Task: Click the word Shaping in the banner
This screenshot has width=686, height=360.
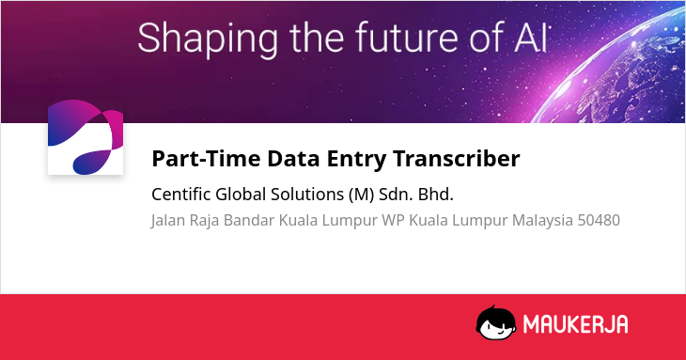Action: coord(208,39)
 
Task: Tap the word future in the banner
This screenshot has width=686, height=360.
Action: coord(407,38)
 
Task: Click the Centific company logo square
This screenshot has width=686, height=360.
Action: coord(86,137)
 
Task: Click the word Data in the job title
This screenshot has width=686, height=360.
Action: coord(293,158)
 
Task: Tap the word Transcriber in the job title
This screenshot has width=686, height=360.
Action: coord(457,158)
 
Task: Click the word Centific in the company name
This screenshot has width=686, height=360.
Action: coord(181,195)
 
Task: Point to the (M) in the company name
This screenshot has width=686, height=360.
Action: coord(362,195)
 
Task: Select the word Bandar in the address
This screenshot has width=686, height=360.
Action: coord(249,220)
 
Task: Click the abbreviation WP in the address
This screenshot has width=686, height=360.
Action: coord(393,221)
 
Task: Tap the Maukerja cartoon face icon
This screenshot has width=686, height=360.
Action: coord(496,322)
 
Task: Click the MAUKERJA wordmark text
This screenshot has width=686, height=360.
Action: coord(576,324)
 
